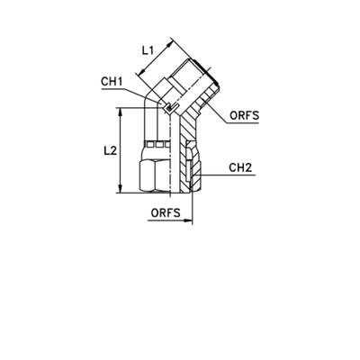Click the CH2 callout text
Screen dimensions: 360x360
pyautogui.click(x=239, y=168)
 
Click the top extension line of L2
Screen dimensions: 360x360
pyautogui.click(x=130, y=111)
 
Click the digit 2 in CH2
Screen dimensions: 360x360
pyautogui.click(x=247, y=168)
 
